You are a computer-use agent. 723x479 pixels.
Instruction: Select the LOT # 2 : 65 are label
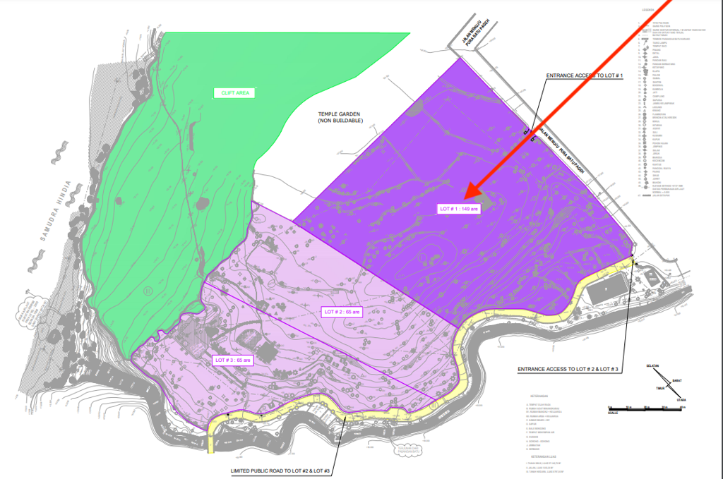(x=341, y=311)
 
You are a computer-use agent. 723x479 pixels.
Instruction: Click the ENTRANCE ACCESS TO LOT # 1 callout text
(x=583, y=75)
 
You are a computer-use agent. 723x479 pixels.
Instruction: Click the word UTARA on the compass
(x=681, y=399)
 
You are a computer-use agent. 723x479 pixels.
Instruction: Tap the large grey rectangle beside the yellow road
(x=606, y=289)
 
